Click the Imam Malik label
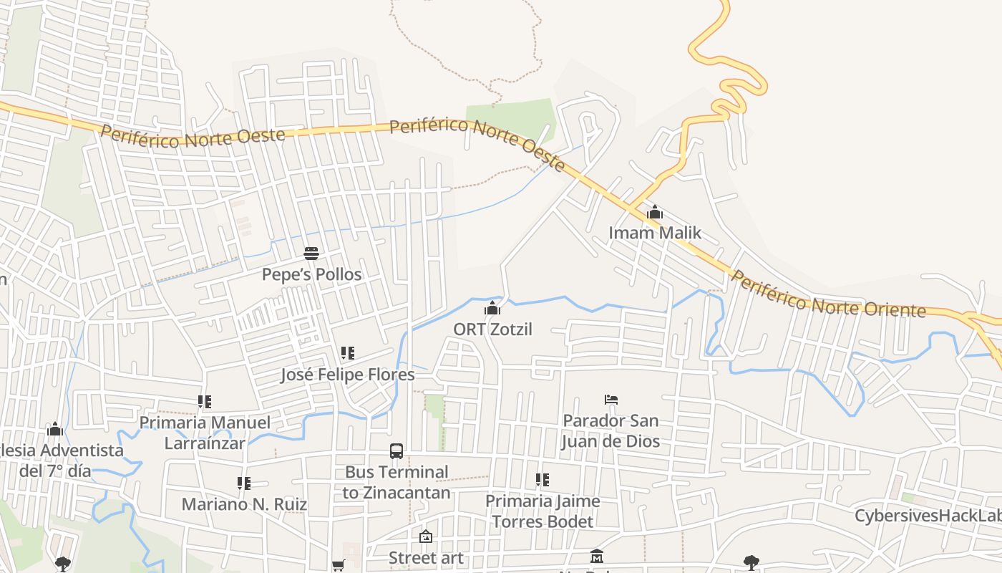pyautogui.click(x=655, y=233)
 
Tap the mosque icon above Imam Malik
pyautogui.click(x=655, y=213)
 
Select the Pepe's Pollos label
pyautogui.click(x=311, y=274)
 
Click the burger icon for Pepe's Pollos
pyautogui.click(x=311, y=254)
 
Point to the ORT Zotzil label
pyautogui.click(x=492, y=329)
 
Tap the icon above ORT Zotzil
pyautogui.click(x=492, y=309)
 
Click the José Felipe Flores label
pyautogui.click(x=347, y=375)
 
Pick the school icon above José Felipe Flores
pyautogui.click(x=348, y=353)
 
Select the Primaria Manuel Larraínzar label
pyautogui.click(x=205, y=433)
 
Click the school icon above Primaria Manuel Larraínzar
pyautogui.click(x=205, y=402)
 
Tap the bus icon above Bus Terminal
pyautogui.click(x=397, y=451)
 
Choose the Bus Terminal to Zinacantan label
pyautogui.click(x=397, y=482)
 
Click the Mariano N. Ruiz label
pyautogui.click(x=244, y=504)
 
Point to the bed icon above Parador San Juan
pyautogui.click(x=611, y=400)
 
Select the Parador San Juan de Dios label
pyautogui.click(x=611, y=430)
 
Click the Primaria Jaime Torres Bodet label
pyautogui.click(x=543, y=511)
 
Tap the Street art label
pyautogui.click(x=426, y=557)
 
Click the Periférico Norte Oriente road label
pyautogui.click(x=828, y=295)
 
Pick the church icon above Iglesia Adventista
pyautogui.click(x=55, y=430)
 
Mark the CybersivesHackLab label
pyautogui.click(x=928, y=516)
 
